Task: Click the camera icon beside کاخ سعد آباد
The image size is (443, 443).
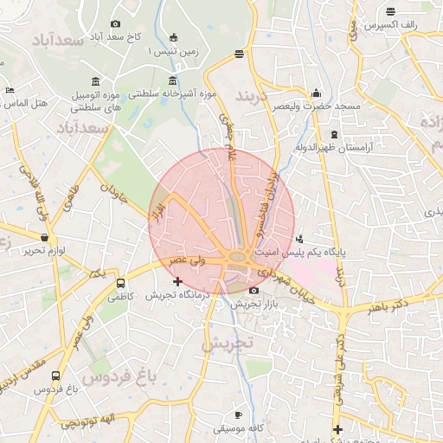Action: [x=116, y=24]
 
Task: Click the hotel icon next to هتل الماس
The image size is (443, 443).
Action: [x=10, y=90]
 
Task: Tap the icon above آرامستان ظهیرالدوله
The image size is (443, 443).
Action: [x=335, y=134]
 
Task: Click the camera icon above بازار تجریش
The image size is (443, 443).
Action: [x=253, y=291]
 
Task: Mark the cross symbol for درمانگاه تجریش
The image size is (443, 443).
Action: [x=177, y=281]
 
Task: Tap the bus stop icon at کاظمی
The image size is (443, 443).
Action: [x=119, y=283]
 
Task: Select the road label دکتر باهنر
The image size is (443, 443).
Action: [x=387, y=306]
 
